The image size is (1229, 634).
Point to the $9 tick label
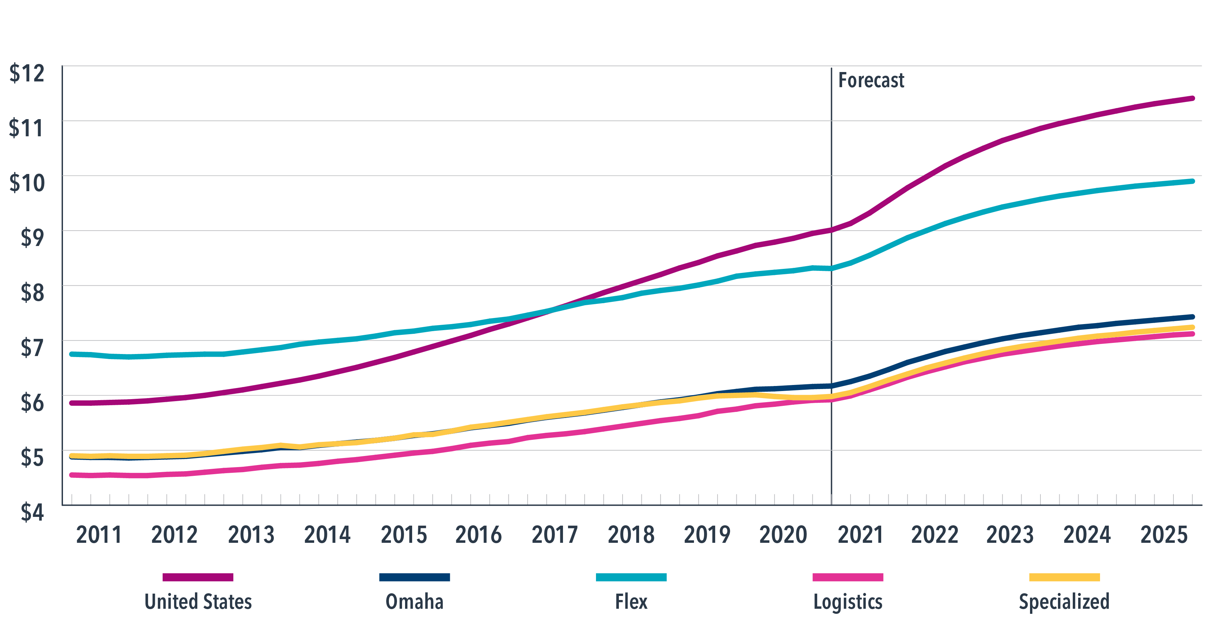point(32,237)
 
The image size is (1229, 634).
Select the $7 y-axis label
point(32,348)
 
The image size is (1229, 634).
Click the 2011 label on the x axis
point(99,535)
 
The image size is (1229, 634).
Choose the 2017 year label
point(554,535)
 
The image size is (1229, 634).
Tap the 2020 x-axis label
point(783,535)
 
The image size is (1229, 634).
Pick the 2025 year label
point(1164,535)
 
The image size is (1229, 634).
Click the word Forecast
point(871,80)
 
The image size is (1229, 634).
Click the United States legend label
point(198,602)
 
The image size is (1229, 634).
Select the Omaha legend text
point(414,602)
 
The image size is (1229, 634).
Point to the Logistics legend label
point(848,602)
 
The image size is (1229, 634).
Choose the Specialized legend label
point(1064,602)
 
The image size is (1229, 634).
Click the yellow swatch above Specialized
point(1064,577)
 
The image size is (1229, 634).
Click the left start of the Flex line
point(72,354)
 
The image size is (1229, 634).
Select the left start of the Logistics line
point(72,475)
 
